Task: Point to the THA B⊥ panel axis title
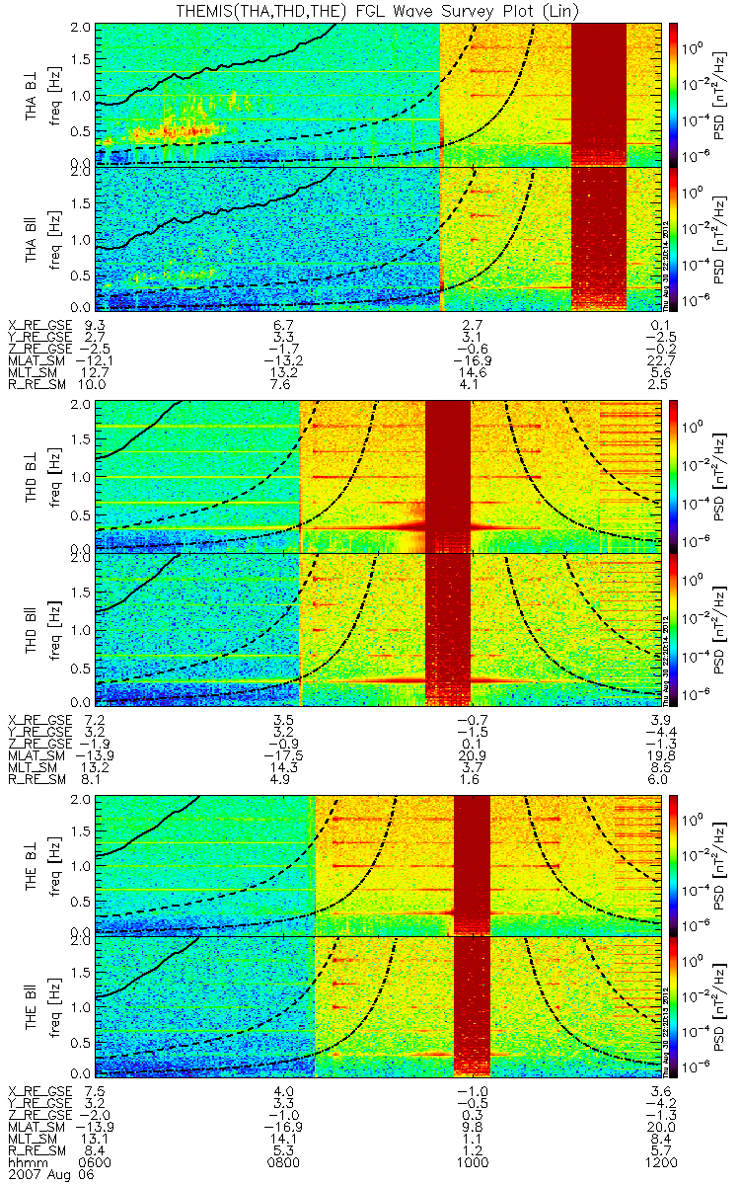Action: pos(33,94)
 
